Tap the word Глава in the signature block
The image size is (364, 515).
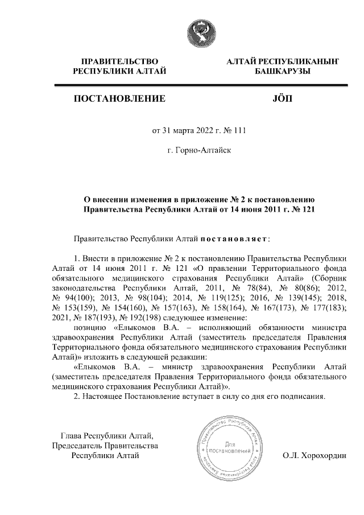coord(73,436)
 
